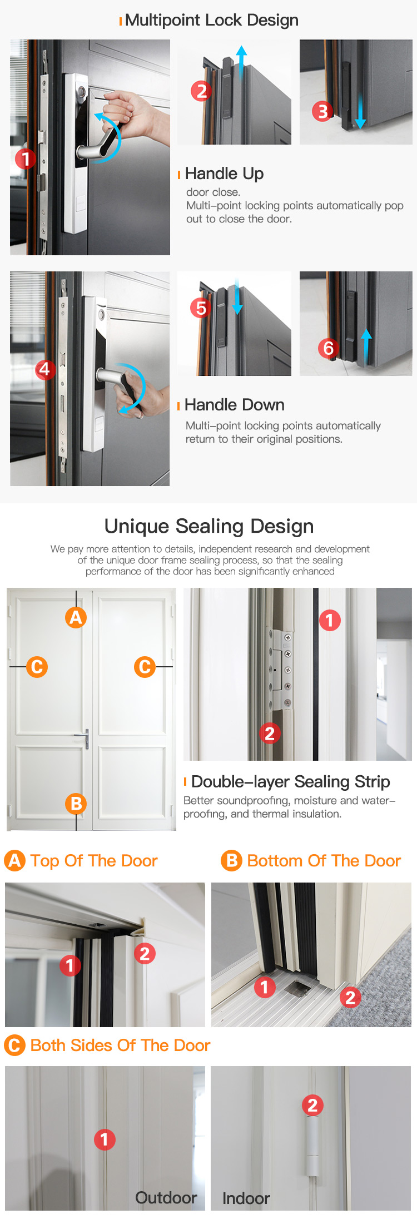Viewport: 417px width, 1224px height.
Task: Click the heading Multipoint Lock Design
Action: pos(212,20)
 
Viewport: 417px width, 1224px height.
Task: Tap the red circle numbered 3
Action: pos(322,111)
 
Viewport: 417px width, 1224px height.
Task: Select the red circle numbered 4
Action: pos(44,369)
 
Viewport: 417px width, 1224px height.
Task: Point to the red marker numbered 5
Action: pos(201,308)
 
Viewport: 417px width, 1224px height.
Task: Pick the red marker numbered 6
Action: pos(329,348)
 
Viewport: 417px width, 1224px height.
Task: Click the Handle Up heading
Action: pos(224,174)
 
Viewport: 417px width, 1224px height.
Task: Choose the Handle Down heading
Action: pos(234,405)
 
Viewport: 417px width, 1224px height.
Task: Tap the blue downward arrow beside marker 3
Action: pos(360,112)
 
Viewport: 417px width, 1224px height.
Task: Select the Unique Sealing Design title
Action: pos(209,526)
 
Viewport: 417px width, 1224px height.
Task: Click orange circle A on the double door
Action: pos(76,617)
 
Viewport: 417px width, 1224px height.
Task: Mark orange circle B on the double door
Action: pos(76,804)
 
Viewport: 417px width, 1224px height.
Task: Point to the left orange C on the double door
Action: pos(37,666)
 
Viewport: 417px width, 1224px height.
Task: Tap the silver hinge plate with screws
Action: pos(282,669)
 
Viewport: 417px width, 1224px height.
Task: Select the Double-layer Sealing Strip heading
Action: pos(290,782)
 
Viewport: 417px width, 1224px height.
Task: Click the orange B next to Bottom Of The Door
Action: pos(231,861)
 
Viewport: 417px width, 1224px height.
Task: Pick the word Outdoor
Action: pos(166,1198)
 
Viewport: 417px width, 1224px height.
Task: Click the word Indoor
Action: pos(246,1198)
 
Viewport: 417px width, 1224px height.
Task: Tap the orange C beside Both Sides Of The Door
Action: pos(14,1045)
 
